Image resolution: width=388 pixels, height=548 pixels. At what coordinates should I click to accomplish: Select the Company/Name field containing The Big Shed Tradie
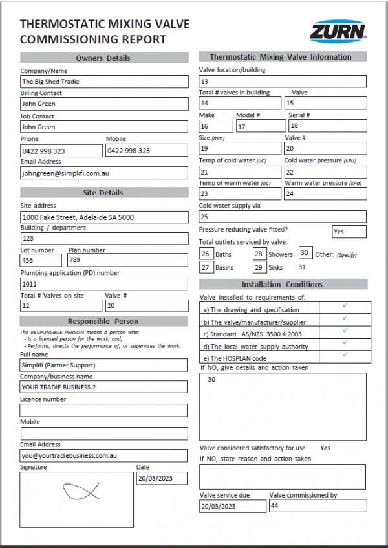coord(103,82)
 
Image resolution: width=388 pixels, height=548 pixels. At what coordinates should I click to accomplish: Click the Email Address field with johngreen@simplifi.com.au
coord(103,173)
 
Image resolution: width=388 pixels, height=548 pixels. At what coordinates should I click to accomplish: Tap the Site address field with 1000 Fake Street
coord(103,217)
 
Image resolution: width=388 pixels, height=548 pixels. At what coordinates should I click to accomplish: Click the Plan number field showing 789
coord(127,260)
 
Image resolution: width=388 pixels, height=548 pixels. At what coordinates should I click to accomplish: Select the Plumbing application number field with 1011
coord(103,283)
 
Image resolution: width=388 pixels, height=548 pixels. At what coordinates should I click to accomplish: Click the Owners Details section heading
coord(103,58)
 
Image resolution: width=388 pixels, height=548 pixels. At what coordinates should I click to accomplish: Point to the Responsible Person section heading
coord(103,322)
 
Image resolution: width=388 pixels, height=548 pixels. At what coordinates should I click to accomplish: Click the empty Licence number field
coord(103,410)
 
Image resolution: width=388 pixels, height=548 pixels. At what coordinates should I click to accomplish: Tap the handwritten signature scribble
coord(81,491)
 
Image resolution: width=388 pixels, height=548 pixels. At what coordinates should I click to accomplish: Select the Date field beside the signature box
coord(162,479)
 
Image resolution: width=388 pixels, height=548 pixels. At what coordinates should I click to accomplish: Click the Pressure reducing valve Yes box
coord(349,232)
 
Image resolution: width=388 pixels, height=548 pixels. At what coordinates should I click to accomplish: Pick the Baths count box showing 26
coord(206,254)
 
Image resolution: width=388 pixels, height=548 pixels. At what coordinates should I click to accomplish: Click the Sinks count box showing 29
coord(259,267)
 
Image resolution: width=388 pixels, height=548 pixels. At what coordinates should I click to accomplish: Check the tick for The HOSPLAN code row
coord(345,355)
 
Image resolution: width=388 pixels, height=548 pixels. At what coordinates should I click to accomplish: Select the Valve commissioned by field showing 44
coord(317,506)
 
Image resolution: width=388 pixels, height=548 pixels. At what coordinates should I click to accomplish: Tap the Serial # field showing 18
coord(327,126)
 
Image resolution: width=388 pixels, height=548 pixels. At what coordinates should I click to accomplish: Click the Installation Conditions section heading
coord(282,284)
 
